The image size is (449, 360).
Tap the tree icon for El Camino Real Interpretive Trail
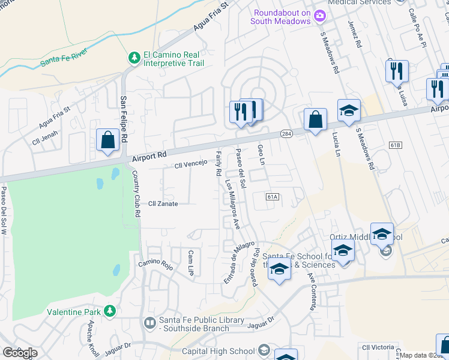[134, 58]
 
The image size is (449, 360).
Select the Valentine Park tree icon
[109, 311]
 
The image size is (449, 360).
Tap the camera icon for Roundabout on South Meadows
[320, 15]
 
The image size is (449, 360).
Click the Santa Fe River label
[64, 59]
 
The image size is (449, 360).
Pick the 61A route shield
[273, 196]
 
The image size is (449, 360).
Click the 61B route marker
[394, 146]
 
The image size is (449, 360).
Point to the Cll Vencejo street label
[190, 163]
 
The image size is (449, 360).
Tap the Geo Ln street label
[261, 154]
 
